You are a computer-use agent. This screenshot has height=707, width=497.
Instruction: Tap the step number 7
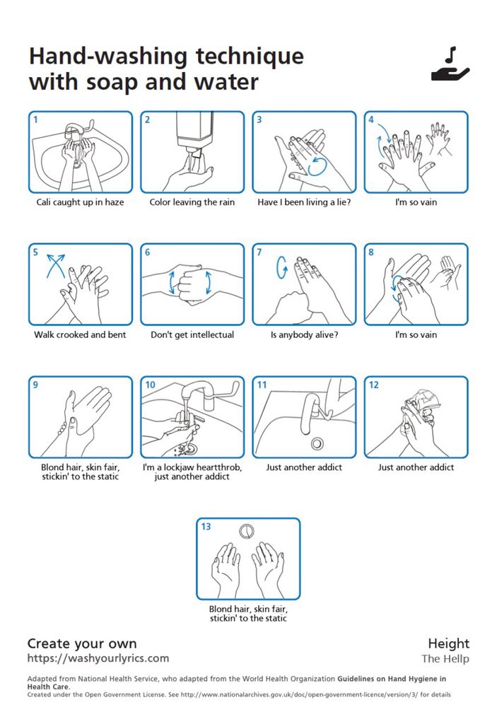[259, 252]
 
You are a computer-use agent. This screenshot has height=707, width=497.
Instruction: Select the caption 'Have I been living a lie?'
[304, 202]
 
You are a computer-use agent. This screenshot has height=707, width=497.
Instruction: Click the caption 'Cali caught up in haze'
[81, 202]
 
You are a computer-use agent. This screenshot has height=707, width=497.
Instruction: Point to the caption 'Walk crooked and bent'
[81, 334]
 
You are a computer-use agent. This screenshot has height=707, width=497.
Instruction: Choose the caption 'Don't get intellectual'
[192, 334]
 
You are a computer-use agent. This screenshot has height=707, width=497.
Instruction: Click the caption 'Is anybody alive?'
[304, 334]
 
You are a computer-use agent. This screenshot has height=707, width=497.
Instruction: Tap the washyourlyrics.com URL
[98, 658]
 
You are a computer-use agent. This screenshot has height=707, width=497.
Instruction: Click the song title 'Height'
[449, 643]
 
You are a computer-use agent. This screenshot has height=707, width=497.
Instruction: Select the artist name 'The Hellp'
[445, 659]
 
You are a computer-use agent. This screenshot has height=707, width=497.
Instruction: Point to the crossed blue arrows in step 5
[55, 266]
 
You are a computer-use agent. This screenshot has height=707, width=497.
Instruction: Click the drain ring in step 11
[317, 443]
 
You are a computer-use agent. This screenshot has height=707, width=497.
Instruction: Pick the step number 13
[206, 526]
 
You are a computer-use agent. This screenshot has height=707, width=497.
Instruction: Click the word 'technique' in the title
[250, 57]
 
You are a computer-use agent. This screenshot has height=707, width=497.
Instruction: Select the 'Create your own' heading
[81, 643]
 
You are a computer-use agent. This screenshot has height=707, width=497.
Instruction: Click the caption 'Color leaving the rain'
[192, 202]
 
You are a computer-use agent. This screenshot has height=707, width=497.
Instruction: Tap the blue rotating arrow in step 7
[282, 267]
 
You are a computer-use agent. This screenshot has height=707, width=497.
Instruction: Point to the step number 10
[150, 385]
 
